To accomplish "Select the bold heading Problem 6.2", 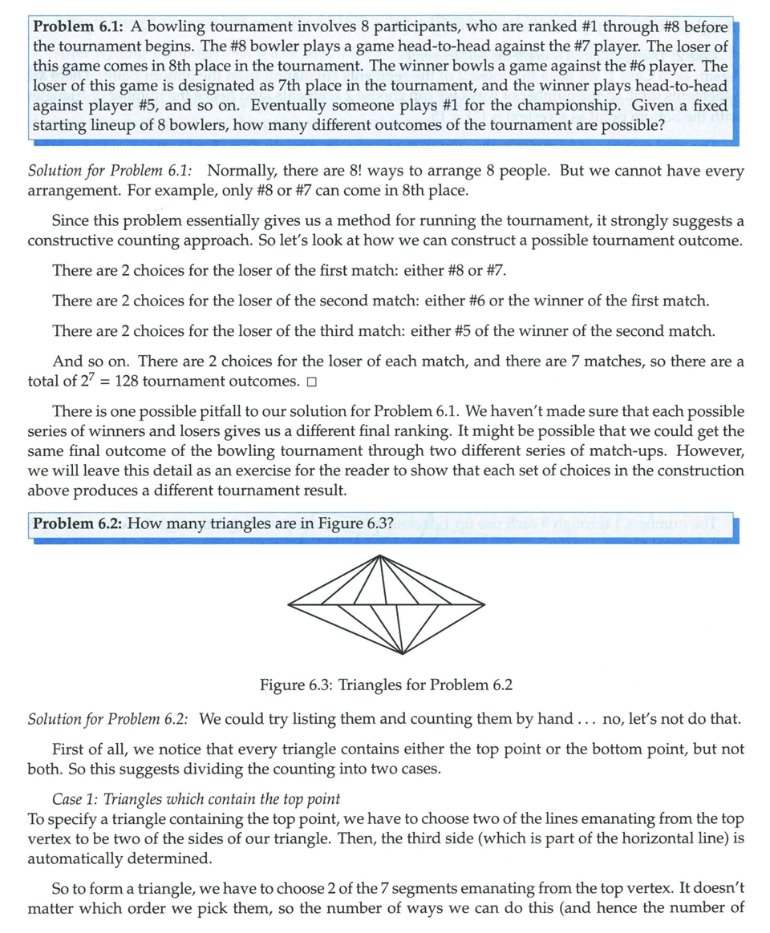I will (77, 525).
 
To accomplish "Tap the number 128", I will (133, 381).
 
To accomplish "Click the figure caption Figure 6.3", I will (386, 685).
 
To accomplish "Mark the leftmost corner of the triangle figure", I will (287, 602).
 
